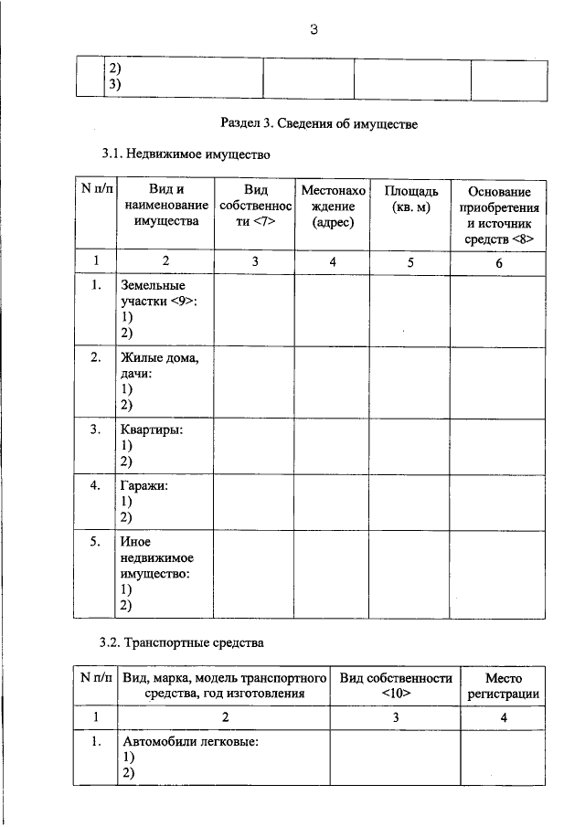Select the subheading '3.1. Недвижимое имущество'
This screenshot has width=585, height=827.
186,154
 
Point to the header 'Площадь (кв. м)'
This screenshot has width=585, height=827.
410,198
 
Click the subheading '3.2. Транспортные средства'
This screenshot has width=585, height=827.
182,642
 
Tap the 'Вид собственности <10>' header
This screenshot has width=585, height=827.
396,685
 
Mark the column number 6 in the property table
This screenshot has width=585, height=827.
498,262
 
